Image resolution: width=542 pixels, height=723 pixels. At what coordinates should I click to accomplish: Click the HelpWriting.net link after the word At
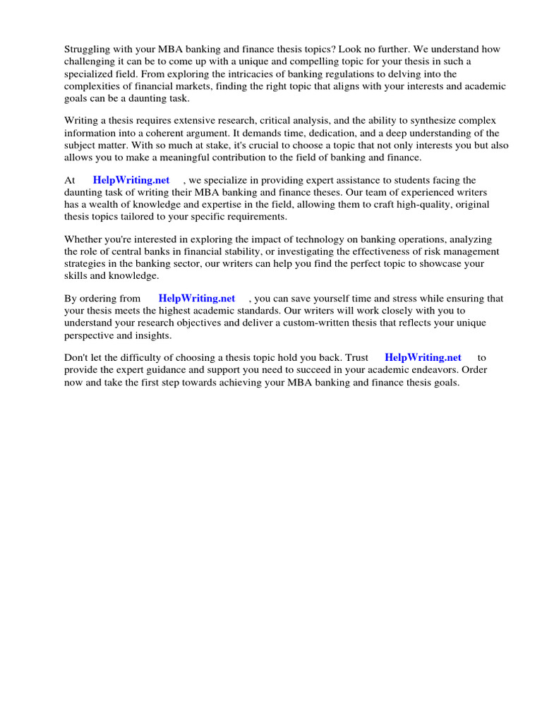tap(131, 180)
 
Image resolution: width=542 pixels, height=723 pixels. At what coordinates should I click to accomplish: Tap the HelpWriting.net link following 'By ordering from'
tap(197, 299)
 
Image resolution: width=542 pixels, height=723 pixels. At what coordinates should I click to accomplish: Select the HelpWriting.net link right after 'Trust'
tap(423, 357)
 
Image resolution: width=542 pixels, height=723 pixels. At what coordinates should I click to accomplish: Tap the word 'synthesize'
tap(430, 121)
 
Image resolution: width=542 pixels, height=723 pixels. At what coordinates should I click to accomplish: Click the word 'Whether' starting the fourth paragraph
tap(83, 239)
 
